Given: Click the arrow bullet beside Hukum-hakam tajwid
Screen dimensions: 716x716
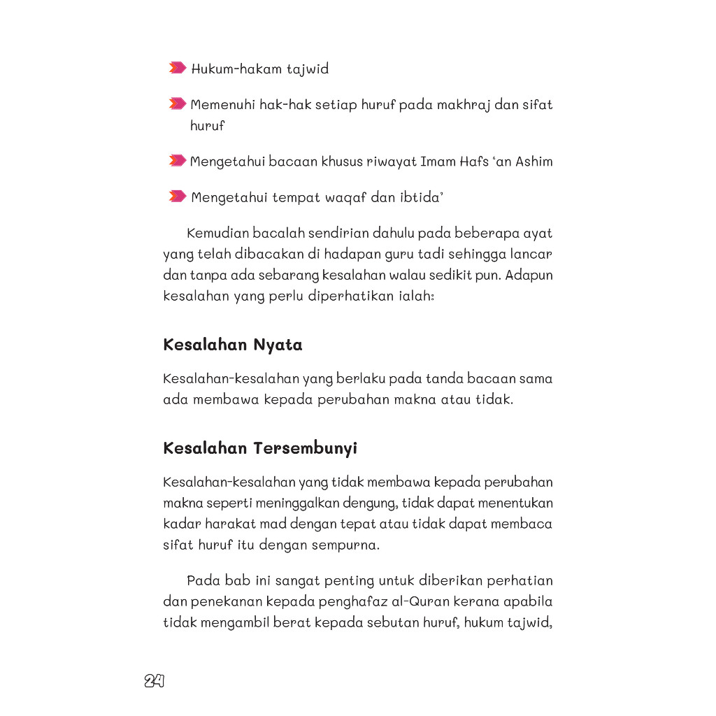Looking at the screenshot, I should click(x=178, y=69).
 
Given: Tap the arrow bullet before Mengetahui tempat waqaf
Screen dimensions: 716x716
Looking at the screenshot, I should click(x=178, y=196).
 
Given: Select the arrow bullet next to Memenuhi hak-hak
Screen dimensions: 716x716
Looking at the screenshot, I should click(x=178, y=104).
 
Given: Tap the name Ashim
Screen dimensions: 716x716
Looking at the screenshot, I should click(x=534, y=162).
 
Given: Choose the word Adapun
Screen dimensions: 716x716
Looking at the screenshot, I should click(x=530, y=275).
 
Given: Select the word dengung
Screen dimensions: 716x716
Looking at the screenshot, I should click(x=372, y=503).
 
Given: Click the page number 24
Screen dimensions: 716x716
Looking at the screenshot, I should click(x=155, y=681).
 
